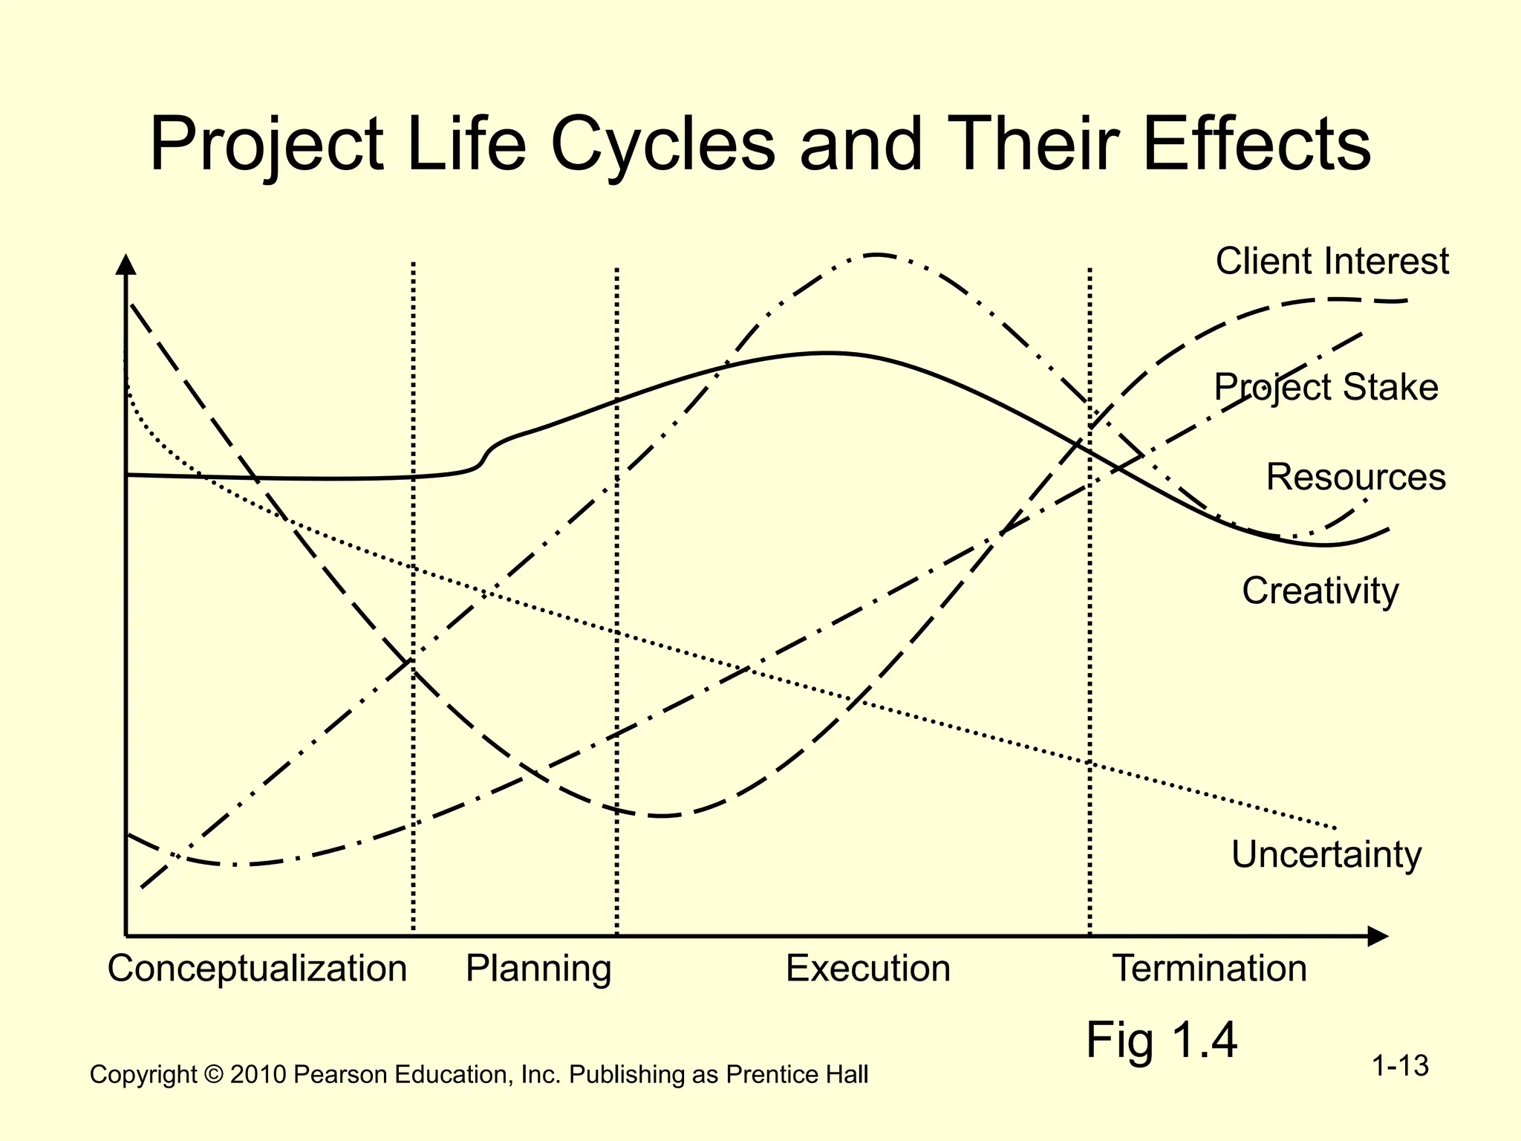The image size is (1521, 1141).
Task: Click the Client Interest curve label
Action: pyautogui.click(x=1332, y=261)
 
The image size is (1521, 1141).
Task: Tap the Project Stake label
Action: pyautogui.click(x=1326, y=388)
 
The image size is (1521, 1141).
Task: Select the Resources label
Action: pyautogui.click(x=1355, y=477)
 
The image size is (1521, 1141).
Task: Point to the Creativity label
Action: pyautogui.click(x=1320, y=591)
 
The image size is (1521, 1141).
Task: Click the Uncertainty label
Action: pyautogui.click(x=1326, y=854)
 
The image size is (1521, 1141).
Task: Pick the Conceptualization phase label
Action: pyautogui.click(x=257, y=969)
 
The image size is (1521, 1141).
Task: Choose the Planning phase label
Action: pyautogui.click(x=538, y=969)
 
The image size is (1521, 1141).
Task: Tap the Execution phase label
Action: pyautogui.click(x=868, y=969)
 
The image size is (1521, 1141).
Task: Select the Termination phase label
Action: pyautogui.click(x=1209, y=969)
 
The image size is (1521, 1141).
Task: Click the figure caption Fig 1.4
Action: pyautogui.click(x=1162, y=1040)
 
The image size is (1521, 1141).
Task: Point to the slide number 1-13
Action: pyautogui.click(x=1400, y=1066)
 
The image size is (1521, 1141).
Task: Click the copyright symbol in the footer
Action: pyautogui.click(x=214, y=1075)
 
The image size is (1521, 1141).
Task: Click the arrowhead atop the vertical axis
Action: pyautogui.click(x=126, y=264)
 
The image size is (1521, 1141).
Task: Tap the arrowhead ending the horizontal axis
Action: pyautogui.click(x=1378, y=936)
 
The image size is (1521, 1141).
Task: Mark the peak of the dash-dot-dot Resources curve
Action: pyautogui.click(x=876, y=255)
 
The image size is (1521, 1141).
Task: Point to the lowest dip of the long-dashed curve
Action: pyautogui.click(x=662, y=816)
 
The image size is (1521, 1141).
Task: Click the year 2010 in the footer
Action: pyautogui.click(x=258, y=1075)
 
